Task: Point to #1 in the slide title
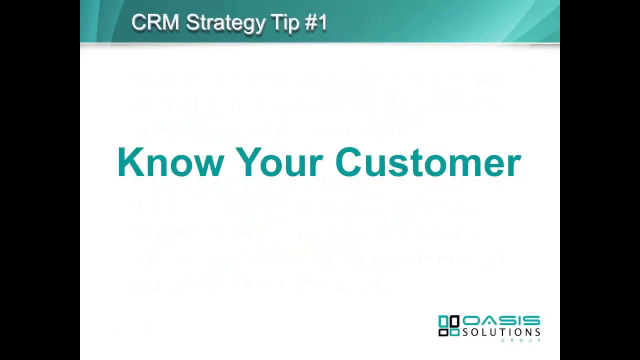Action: pos(315,22)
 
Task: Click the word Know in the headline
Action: pos(170,162)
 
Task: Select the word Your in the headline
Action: pos(279,162)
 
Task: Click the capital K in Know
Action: pos(128,162)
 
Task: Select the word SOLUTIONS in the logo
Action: pos(501,332)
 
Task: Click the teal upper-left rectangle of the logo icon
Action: pos(442,321)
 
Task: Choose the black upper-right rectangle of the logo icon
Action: pos(454,321)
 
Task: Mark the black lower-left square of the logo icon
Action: pos(442,332)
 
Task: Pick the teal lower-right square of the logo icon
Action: pos(454,332)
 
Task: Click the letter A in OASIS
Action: pos(488,321)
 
